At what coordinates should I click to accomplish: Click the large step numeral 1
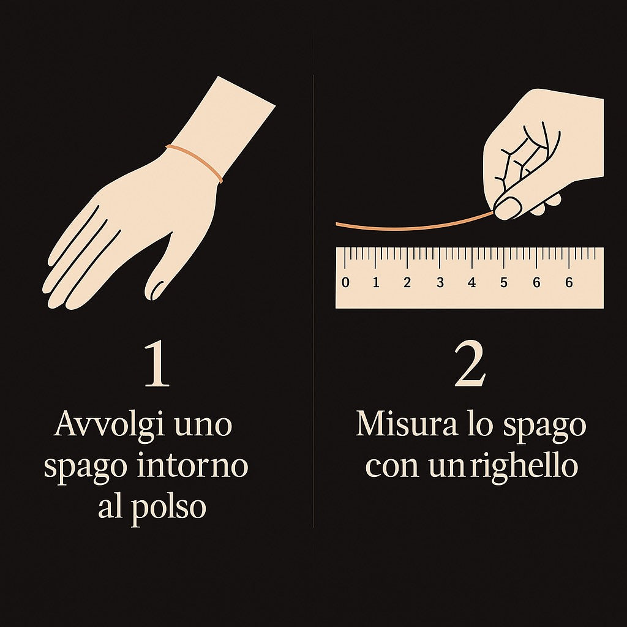[x=157, y=365]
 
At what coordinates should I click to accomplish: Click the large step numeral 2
[x=470, y=364]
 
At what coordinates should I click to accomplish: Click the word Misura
[x=407, y=424]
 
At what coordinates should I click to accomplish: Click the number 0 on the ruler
[x=345, y=283]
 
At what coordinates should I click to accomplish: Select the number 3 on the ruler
[x=440, y=283]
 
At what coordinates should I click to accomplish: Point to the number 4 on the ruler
[x=472, y=283]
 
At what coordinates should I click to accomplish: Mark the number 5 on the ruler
[x=503, y=283]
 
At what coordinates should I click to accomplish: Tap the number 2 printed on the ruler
[x=407, y=283]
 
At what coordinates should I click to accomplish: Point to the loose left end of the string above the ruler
[x=337, y=224]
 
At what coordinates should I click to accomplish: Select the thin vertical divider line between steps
[x=313, y=301]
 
